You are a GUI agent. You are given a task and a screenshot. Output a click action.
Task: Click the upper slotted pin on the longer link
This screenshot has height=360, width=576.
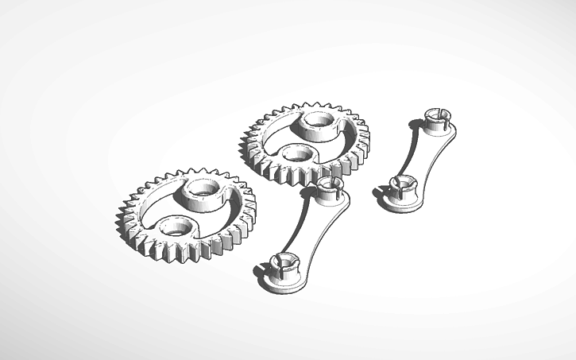click(x=330, y=189)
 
